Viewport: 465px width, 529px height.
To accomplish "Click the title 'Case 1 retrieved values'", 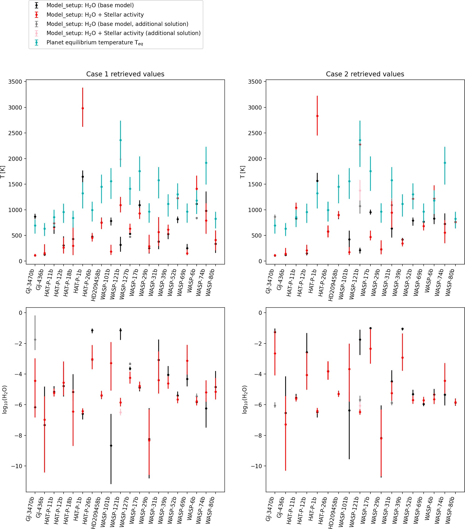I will tap(125, 74).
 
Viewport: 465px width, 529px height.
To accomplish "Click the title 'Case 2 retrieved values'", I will tap(365, 74).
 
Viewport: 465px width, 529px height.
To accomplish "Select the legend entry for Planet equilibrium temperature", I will tap(94, 42).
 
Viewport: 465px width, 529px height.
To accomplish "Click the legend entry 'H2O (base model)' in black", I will tap(90, 5).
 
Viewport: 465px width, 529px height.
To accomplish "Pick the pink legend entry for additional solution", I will tap(123, 33).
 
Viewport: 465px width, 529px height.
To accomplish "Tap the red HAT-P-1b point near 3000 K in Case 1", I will tap(82, 108).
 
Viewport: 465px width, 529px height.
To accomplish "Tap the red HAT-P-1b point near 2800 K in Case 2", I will tap(317, 116).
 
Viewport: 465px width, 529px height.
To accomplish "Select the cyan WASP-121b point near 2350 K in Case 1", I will tap(120, 140).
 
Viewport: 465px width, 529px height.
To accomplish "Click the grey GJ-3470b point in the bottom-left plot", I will tap(35, 340).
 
